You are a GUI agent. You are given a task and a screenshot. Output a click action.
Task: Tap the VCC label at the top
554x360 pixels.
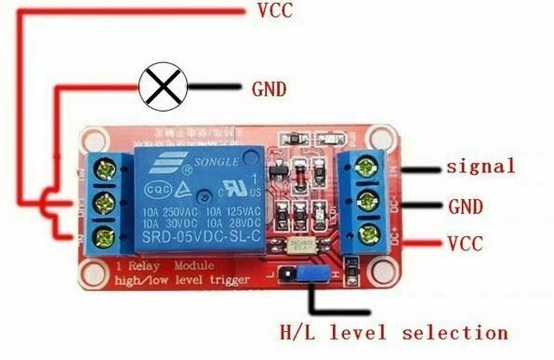pyautogui.click(x=274, y=12)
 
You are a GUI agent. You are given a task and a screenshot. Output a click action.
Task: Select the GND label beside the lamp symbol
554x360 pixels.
pyautogui.click(x=270, y=89)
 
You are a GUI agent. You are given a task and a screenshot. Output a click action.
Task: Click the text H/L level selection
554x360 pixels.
pyautogui.click(x=394, y=332)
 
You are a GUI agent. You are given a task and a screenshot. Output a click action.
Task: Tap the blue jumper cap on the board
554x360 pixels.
pyautogui.click(x=310, y=276)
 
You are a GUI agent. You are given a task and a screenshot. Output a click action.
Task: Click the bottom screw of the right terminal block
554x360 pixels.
pyautogui.click(x=363, y=233)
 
